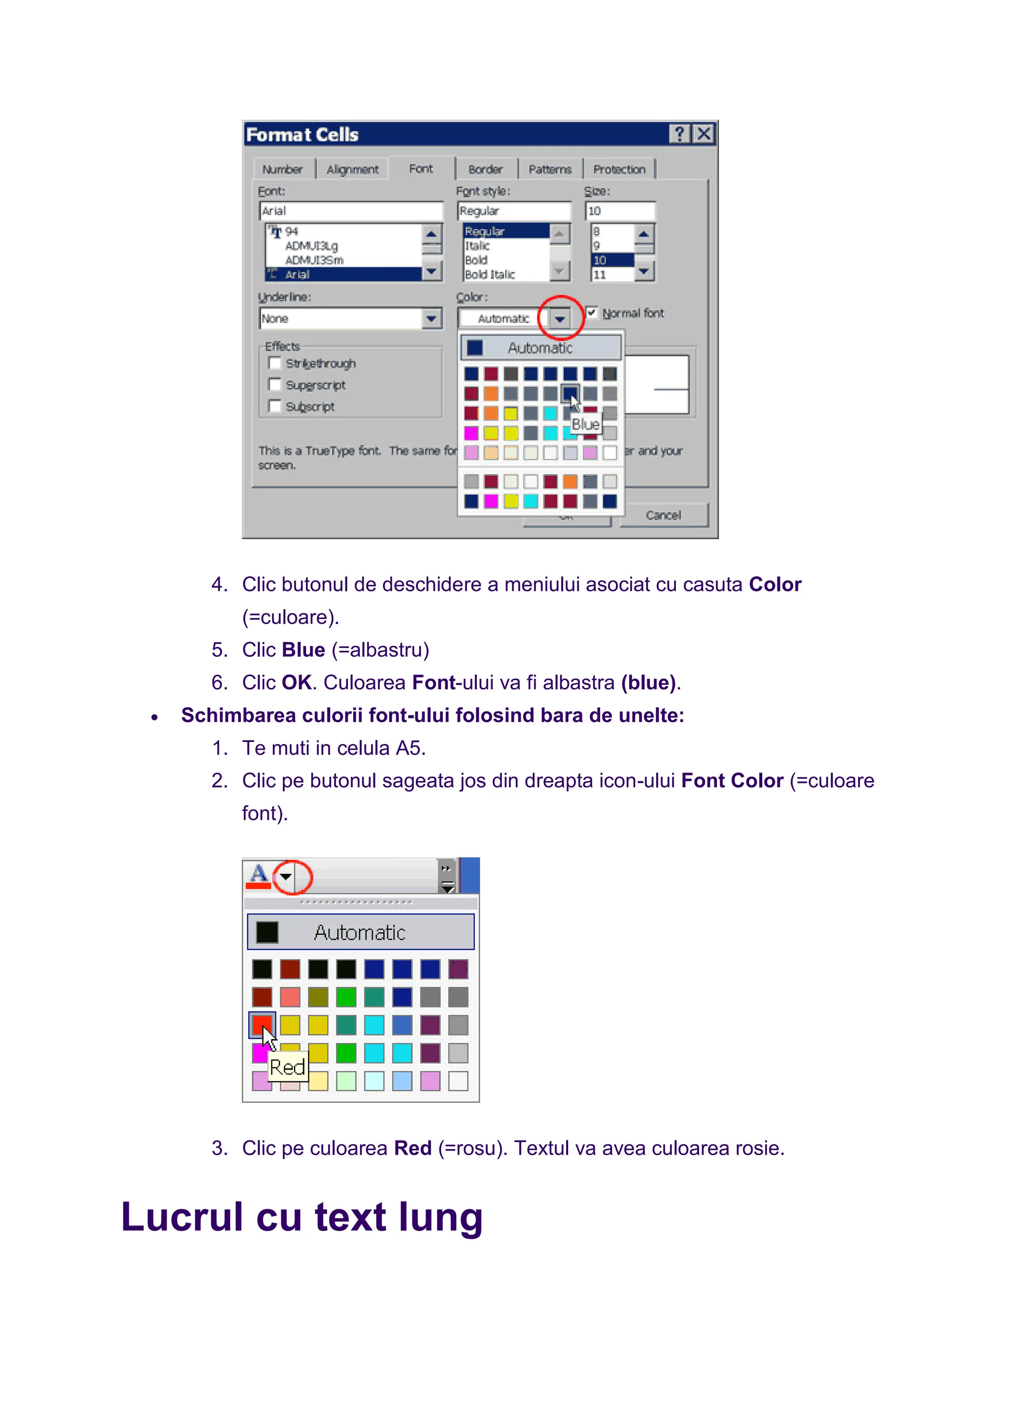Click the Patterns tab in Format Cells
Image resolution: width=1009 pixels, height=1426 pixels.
click(x=549, y=169)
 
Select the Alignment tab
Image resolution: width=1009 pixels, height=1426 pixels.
click(x=352, y=169)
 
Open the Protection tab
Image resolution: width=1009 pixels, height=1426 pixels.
click(x=619, y=169)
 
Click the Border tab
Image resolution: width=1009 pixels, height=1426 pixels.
click(x=485, y=169)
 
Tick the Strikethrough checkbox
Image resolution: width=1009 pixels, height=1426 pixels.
click(x=274, y=363)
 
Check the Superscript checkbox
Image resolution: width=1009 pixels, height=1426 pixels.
click(x=274, y=385)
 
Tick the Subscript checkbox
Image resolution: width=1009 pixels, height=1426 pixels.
click(x=274, y=406)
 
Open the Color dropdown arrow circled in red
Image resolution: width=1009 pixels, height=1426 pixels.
click(x=560, y=319)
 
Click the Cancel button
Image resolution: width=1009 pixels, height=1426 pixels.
click(x=663, y=515)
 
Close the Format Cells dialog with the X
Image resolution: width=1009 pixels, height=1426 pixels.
click(x=704, y=134)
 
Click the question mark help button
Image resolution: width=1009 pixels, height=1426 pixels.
click(x=680, y=134)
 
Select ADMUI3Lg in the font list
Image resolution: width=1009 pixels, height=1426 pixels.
click(x=311, y=246)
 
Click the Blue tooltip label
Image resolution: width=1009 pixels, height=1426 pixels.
click(x=585, y=424)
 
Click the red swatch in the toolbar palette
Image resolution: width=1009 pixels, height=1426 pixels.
click(x=262, y=1024)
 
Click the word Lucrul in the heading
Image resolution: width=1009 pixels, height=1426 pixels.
click(x=181, y=1217)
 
